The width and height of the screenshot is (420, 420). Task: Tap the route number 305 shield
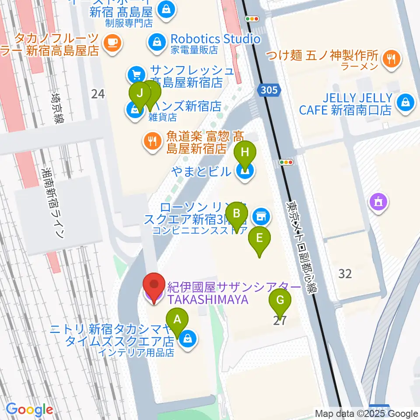tap(267, 90)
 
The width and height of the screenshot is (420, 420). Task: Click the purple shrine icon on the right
tap(378, 202)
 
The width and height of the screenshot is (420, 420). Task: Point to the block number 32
tap(345, 274)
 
